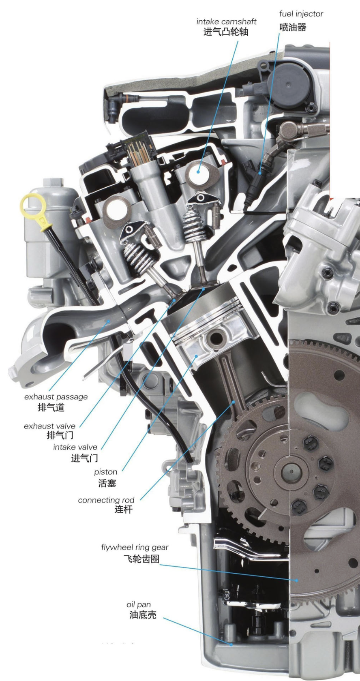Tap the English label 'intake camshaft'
[226, 21]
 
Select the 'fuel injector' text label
[301, 14]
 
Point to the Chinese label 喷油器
[293, 28]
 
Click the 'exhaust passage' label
[56, 397]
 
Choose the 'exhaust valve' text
[49, 426]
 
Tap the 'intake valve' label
[75, 447]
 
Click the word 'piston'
[105, 472]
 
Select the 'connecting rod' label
[106, 500]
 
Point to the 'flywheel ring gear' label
[135, 547]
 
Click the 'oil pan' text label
[139, 604]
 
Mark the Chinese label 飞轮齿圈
[141, 559]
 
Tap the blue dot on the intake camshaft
[198, 172]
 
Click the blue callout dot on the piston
[196, 356]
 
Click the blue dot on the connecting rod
[234, 402]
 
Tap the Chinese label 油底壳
[143, 615]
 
